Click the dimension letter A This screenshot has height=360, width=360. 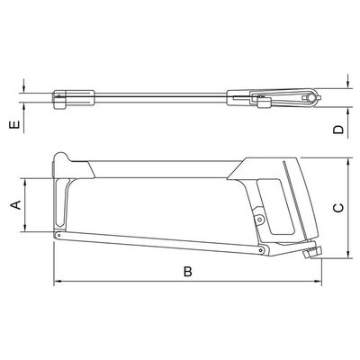click(x=16, y=205)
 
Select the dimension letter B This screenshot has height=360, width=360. click(x=188, y=272)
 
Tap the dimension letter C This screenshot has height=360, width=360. click(x=338, y=208)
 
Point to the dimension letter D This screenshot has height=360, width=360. click(x=338, y=130)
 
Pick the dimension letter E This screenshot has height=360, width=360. click(x=15, y=124)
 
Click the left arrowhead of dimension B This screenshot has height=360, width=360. click(x=57, y=281)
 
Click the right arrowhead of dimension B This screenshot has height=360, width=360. click(x=318, y=281)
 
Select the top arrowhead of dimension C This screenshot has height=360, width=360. click(x=348, y=162)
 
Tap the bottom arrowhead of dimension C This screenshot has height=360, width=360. click(x=348, y=255)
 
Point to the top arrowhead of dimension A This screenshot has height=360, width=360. click(x=25, y=183)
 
